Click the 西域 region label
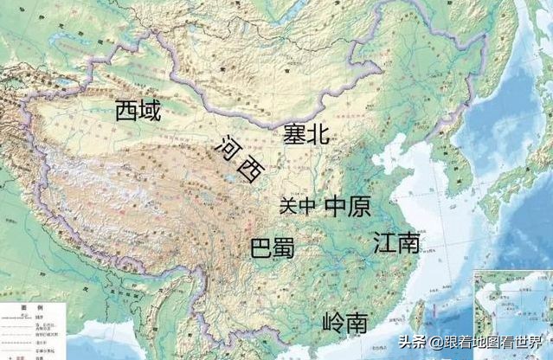point(138,110)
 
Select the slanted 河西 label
point(239,158)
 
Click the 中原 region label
point(347,206)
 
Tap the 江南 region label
point(396,242)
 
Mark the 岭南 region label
point(344,324)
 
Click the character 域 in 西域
point(150,110)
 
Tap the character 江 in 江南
point(384,242)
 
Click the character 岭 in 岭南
point(332,324)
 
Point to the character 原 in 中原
point(359,206)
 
